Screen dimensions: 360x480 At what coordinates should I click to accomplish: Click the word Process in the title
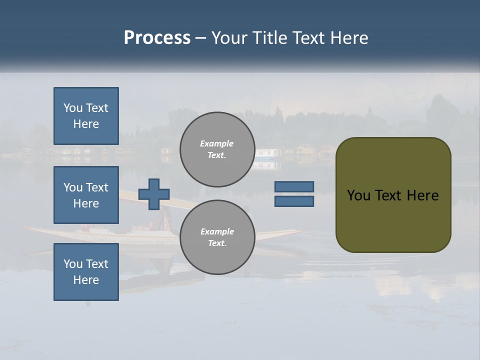(157, 38)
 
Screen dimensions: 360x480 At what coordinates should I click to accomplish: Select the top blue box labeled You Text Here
(86, 116)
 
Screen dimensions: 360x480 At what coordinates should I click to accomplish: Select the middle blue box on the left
(86, 195)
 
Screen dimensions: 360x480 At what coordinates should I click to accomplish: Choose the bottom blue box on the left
(86, 272)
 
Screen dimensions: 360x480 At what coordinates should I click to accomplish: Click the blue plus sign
(154, 194)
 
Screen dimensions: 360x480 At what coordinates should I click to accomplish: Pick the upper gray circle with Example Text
(217, 149)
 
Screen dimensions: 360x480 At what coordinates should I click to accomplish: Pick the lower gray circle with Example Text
(217, 237)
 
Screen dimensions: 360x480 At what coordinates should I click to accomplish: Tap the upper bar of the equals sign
(294, 186)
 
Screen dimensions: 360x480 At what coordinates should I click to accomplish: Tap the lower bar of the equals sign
(294, 201)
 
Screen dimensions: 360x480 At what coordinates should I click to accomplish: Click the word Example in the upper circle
(216, 143)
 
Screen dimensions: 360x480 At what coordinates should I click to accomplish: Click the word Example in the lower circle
(216, 231)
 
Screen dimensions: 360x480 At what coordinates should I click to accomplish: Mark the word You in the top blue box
(72, 108)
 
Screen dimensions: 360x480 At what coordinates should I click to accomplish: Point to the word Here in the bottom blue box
(86, 280)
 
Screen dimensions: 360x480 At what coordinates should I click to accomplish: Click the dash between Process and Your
(201, 38)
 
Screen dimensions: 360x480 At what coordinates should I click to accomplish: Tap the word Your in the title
(230, 38)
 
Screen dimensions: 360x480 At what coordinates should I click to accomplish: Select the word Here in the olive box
(422, 195)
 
